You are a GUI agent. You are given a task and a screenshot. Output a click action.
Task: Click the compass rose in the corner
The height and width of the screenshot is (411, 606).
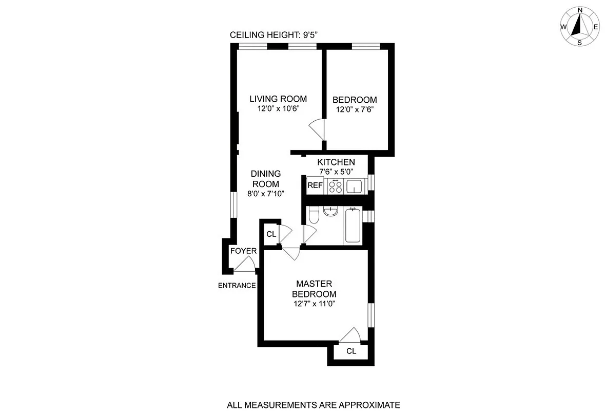pos(580,26)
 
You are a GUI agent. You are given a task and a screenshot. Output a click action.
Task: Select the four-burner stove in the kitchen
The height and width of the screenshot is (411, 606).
pos(336,186)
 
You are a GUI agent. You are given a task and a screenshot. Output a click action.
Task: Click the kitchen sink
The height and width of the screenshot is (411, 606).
pos(355,186)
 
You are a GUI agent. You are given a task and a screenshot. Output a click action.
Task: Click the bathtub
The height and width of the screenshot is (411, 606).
pos(353,225)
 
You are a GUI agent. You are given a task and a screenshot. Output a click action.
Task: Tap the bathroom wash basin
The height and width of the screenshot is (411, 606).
pos(331,211)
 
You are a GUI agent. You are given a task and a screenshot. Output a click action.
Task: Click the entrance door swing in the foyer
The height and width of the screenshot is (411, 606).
pos(245,265)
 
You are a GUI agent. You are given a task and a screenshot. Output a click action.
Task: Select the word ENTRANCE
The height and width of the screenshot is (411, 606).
pos(237,286)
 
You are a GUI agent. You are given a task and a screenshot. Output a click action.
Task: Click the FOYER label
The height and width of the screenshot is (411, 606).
pos(243,251)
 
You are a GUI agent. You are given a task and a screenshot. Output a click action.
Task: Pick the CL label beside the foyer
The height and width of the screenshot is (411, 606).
pos(271,234)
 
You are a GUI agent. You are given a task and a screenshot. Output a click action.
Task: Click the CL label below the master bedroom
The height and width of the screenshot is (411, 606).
pos(351,351)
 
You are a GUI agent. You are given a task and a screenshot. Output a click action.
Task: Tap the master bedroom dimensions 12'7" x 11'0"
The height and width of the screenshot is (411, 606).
pos(314,304)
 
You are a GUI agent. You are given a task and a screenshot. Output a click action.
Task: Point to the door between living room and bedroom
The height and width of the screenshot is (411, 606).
pos(317,128)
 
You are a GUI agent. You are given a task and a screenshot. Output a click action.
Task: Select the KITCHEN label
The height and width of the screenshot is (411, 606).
pos(336,162)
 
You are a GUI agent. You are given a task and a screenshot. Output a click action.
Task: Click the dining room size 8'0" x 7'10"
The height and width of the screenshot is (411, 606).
pos(265,194)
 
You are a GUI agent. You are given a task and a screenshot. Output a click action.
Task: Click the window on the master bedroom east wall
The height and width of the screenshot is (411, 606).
pos(371,315)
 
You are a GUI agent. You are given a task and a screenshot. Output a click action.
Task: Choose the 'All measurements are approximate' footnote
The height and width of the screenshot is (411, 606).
pos(314,405)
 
